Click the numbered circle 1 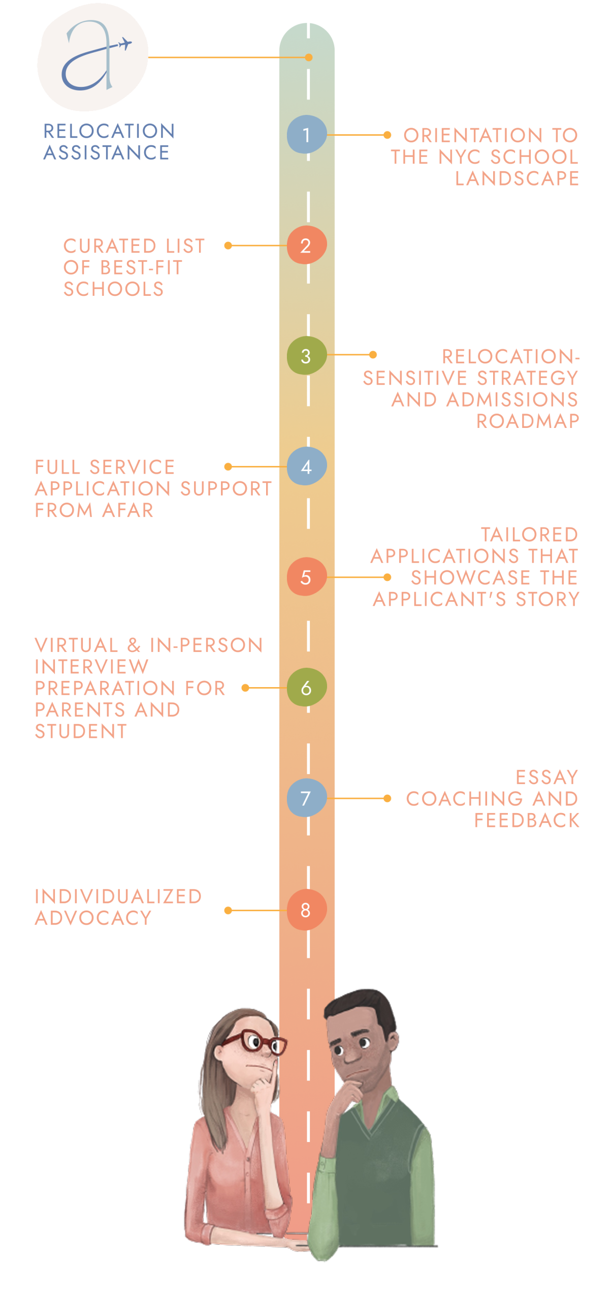coord(306,135)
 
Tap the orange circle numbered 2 coord(306,245)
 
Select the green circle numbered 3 coord(306,356)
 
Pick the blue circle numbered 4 coord(306,466)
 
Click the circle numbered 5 coord(306,577)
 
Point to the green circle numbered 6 coord(306,688)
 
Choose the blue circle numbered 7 coord(306,798)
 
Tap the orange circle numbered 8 coord(306,910)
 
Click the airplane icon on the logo coord(123,45)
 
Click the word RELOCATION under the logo coord(109,131)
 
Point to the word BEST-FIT coord(141,268)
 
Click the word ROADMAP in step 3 coord(527,421)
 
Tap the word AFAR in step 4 coord(127,510)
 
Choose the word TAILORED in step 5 coord(529,535)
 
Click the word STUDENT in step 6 coord(81,731)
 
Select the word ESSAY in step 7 coord(546,777)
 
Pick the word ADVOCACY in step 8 coord(93,918)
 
